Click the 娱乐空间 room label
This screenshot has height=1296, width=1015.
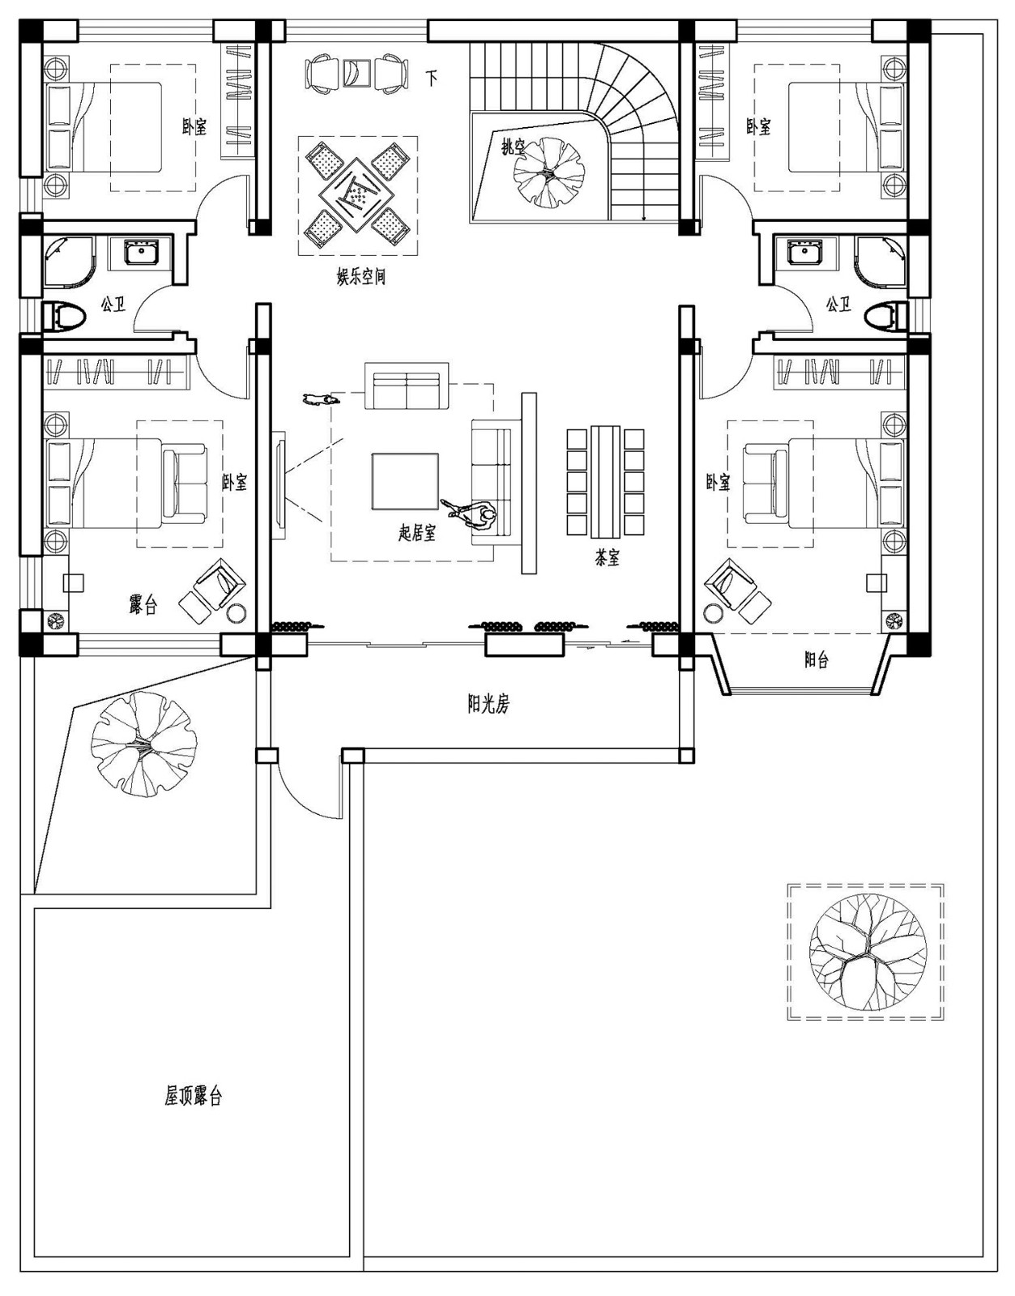coord(361,277)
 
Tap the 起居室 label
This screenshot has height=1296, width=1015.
coord(417,533)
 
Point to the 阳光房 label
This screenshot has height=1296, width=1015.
coord(488,704)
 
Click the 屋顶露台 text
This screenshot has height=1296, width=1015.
coord(194,1097)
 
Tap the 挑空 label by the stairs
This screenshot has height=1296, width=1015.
coord(514,147)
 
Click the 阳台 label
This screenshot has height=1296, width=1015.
coord(817,660)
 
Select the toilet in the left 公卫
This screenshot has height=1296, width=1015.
coord(62,315)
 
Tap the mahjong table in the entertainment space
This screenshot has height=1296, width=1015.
coord(357,194)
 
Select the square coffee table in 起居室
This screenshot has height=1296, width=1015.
coord(405,481)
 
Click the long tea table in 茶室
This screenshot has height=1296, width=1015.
coord(606,482)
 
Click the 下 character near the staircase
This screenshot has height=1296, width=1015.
coord(433,79)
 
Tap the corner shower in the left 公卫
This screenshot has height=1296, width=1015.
coord(65,260)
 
